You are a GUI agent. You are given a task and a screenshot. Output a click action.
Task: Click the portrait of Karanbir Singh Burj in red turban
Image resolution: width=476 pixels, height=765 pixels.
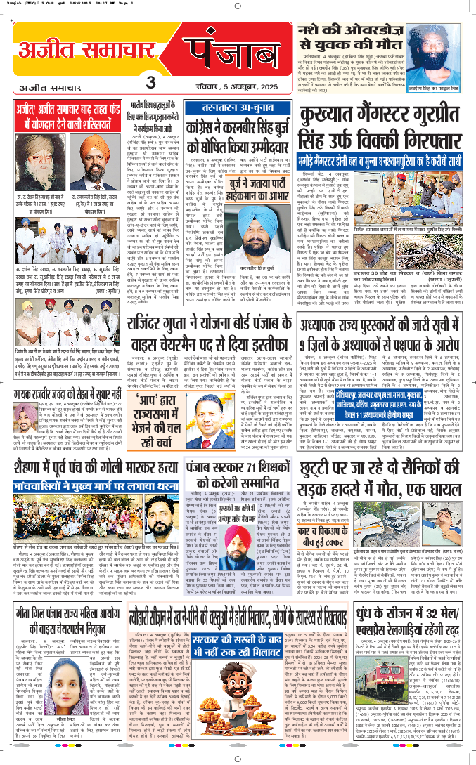click(264, 218)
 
